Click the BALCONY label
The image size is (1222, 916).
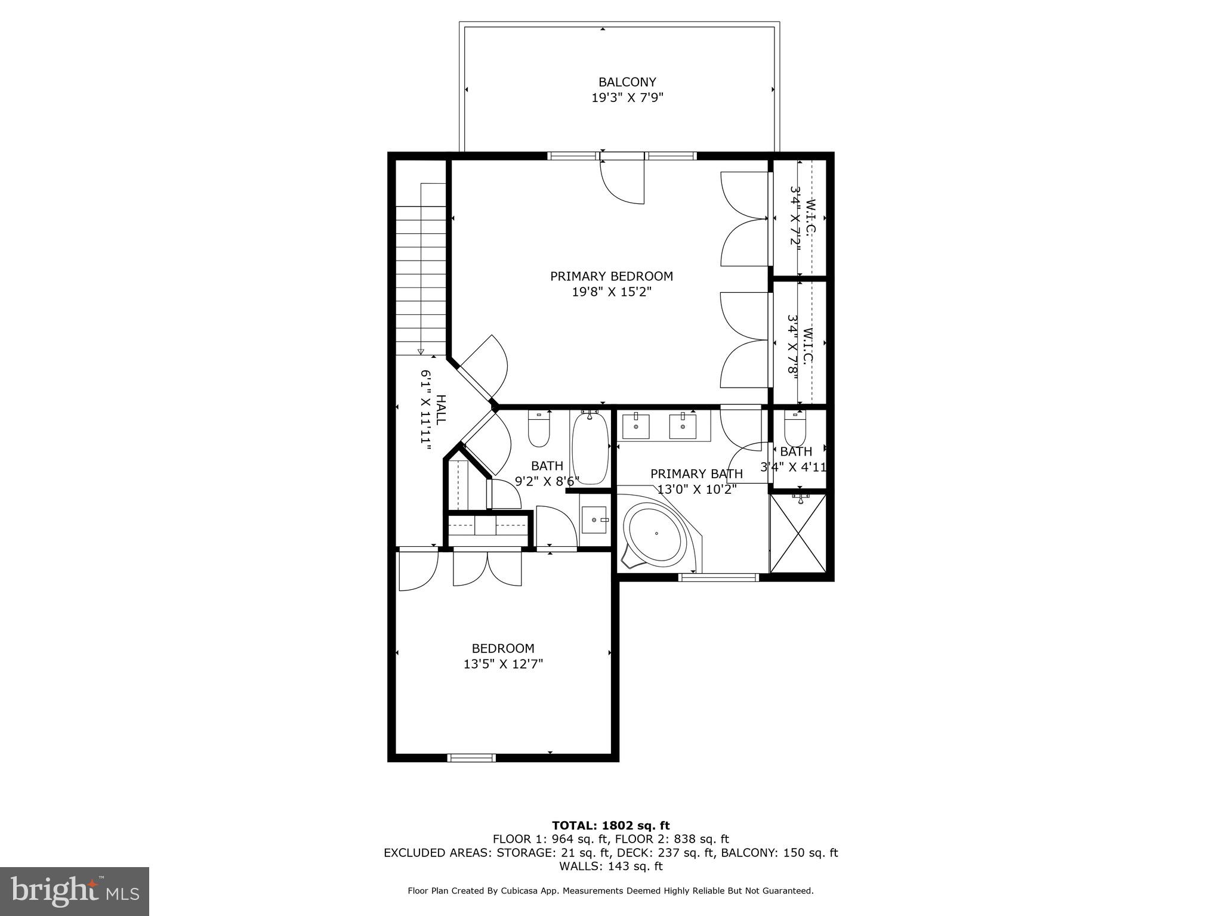[x=627, y=82]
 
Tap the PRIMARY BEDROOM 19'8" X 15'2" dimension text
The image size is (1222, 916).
[x=612, y=292]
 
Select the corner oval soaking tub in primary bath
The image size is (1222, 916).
[x=655, y=533]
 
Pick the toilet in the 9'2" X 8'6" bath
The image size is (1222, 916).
[x=539, y=429]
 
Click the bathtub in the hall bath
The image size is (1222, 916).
[x=590, y=447]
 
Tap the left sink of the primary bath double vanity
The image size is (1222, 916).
[x=636, y=426]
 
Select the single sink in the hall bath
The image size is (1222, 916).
[x=594, y=519]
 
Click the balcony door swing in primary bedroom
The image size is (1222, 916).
[x=622, y=182]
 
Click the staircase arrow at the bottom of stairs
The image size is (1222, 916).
[x=421, y=351]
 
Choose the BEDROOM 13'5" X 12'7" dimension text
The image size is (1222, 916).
[x=503, y=664]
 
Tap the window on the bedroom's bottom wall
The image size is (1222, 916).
[x=471, y=757]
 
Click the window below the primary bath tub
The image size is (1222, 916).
[x=720, y=577]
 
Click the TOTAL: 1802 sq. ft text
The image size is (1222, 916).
[x=610, y=825]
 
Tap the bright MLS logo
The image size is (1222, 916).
[x=75, y=891]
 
